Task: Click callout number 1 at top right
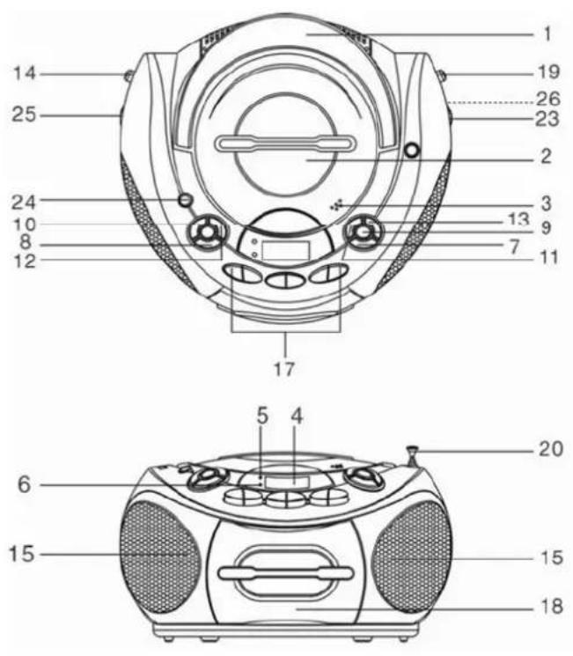pos(547,33)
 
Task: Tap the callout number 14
pos(26,74)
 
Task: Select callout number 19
pos(547,71)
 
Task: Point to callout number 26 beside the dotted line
pos(547,99)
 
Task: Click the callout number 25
pos(24,114)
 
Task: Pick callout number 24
pos(24,202)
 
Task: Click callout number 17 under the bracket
pos(284,369)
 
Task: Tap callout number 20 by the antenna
pos(551,449)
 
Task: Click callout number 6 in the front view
pos(25,484)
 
